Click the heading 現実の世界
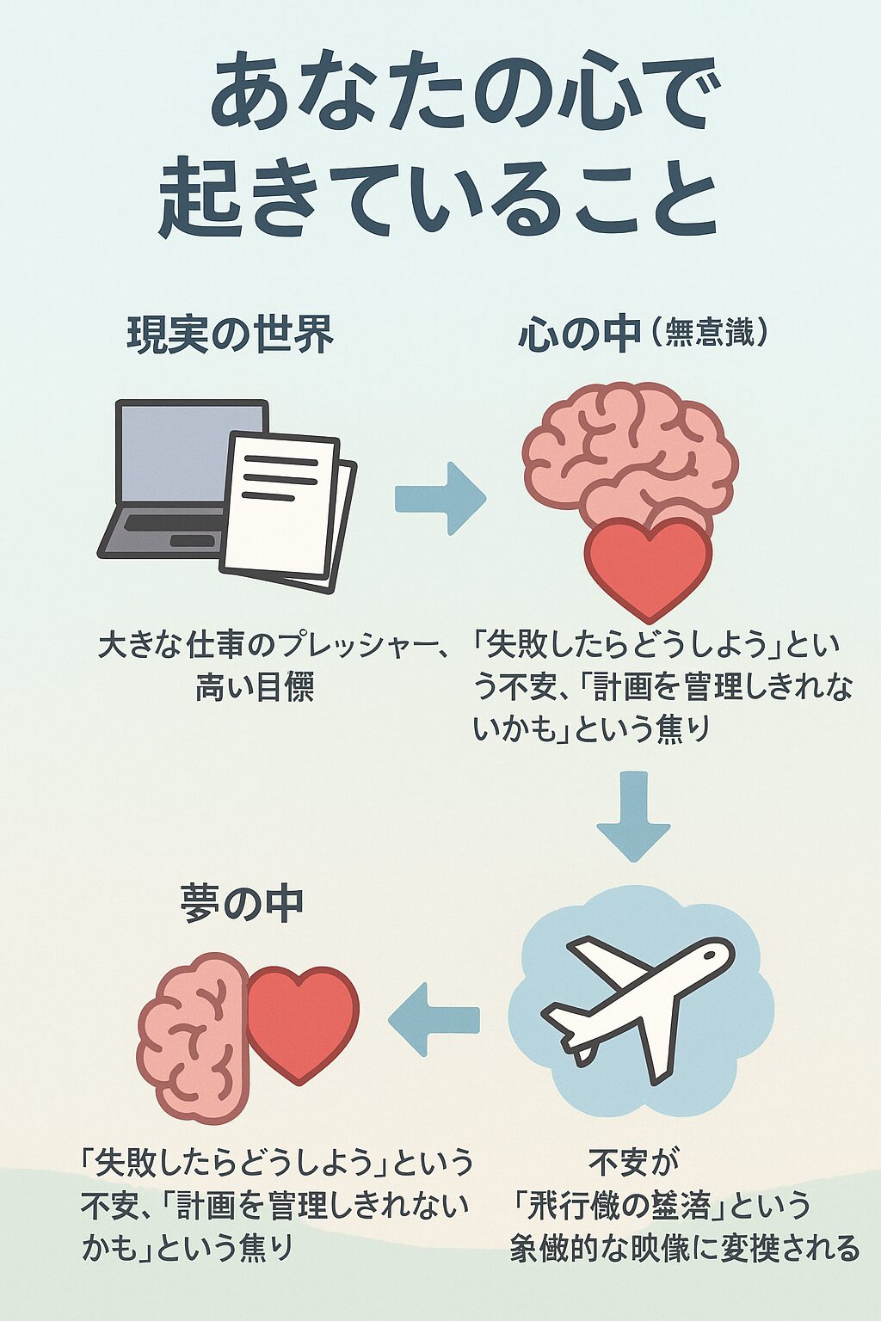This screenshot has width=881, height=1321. pyautogui.click(x=230, y=335)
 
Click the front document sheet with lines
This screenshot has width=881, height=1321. pyautogui.click(x=280, y=503)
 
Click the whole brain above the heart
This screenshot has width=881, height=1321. pyautogui.click(x=631, y=456)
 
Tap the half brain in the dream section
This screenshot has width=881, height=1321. pyautogui.click(x=194, y=1036)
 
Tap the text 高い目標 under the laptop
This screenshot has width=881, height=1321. pyautogui.click(x=254, y=687)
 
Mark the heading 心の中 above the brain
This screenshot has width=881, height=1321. pyautogui.click(x=579, y=335)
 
